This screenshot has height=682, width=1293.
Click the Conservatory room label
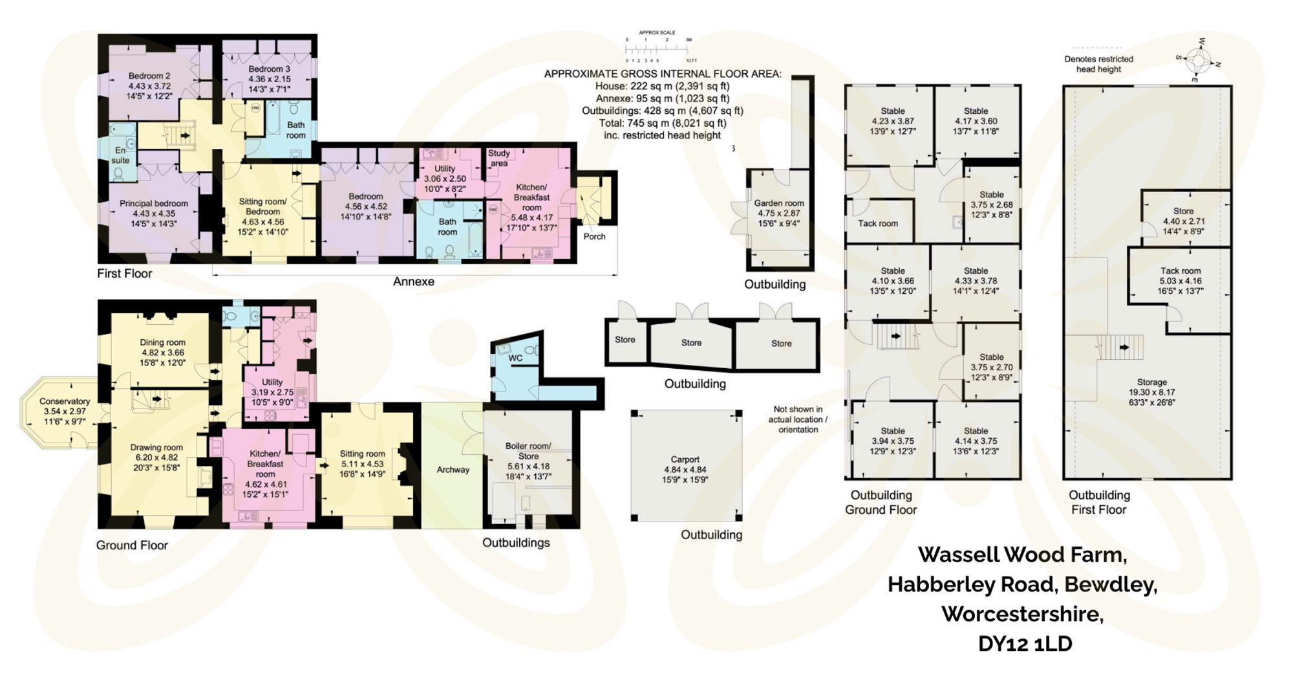pyautogui.click(x=64, y=401)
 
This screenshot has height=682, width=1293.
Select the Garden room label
pyautogui.click(x=778, y=203)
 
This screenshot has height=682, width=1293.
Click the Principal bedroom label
pyautogui.click(x=154, y=203)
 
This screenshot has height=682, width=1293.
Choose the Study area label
pyautogui.click(x=498, y=158)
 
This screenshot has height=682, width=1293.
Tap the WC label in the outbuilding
pyautogui.click(x=515, y=358)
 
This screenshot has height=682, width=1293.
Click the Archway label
pyautogui.click(x=453, y=470)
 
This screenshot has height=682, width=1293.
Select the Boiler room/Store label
pyautogui.click(x=528, y=451)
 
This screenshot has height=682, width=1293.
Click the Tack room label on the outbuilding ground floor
pyautogui.click(x=877, y=223)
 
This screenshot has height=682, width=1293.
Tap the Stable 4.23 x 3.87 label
pyautogui.click(x=892, y=111)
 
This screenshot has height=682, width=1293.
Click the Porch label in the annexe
pyautogui.click(x=594, y=236)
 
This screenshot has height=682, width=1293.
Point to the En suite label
pyautogui.click(x=120, y=155)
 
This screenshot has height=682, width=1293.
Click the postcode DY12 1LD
pyautogui.click(x=1025, y=644)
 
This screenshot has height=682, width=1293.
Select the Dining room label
pyautogui.click(x=162, y=343)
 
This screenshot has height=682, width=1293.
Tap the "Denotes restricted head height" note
pyautogui.click(x=1098, y=63)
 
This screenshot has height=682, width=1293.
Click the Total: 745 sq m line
pyautogui.click(x=662, y=123)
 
